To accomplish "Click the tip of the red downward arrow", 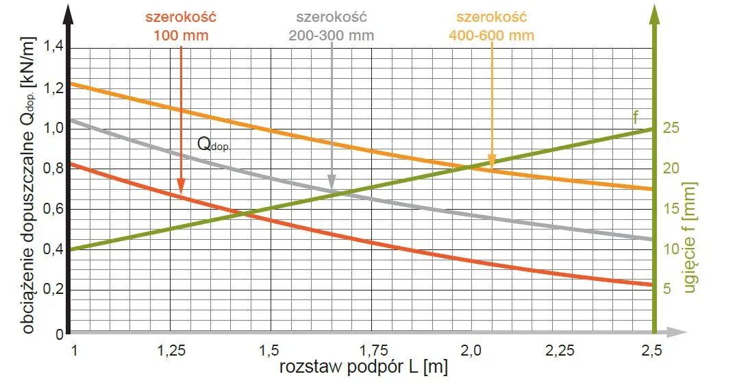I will [x=181, y=193].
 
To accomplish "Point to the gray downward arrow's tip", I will [x=332, y=190].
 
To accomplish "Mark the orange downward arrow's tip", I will [x=492, y=167].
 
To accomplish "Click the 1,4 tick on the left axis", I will [x=53, y=47].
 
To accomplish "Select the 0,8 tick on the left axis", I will [x=53, y=169].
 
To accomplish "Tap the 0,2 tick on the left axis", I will [x=53, y=289].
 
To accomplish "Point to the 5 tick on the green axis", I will [x=668, y=289].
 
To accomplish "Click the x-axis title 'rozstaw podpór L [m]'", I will [x=363, y=368].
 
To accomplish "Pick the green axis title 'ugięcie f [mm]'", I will [x=690, y=237].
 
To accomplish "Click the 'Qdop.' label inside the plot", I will [x=217, y=144].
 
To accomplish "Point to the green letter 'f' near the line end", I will [x=635, y=116].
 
